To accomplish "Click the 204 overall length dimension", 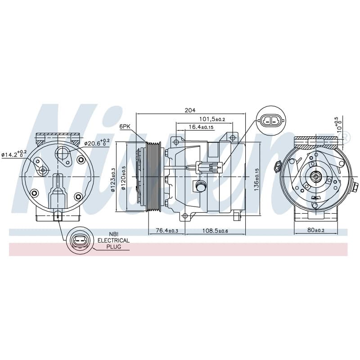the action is tap(190, 110).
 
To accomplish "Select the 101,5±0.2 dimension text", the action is tap(212, 119).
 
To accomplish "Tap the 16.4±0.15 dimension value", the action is tap(201, 127).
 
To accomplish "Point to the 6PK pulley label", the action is tap(125, 126).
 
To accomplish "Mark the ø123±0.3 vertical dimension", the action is tap(112, 180).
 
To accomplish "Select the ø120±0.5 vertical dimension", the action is tap(123, 178).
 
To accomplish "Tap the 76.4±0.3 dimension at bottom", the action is tap(167, 230).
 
